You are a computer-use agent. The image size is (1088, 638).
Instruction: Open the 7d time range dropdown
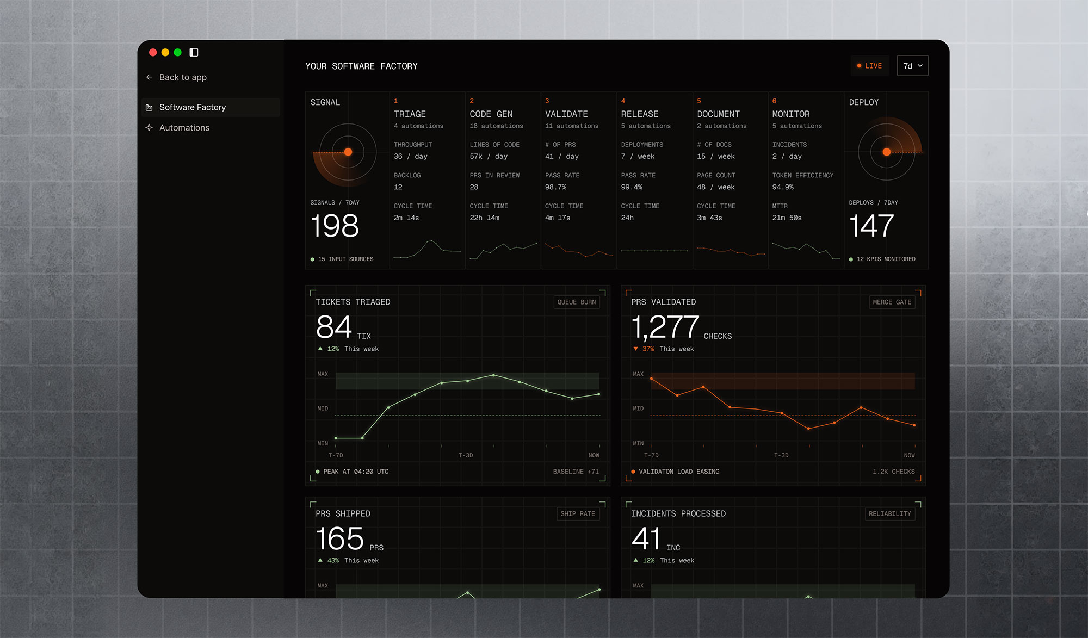coord(912,66)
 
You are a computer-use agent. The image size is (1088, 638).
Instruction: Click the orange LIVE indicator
coord(869,66)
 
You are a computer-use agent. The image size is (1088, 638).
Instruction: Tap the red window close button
coord(153,52)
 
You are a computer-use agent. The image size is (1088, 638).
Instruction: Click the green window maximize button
coord(177,52)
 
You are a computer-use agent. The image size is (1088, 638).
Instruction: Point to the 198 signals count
coord(335,226)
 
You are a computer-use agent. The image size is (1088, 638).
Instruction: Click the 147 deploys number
coord(871,226)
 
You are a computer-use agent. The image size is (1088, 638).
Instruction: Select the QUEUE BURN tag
coord(577,302)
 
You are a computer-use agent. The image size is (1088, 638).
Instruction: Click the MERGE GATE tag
coord(892,302)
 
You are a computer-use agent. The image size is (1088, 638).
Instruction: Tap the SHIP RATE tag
coord(578,514)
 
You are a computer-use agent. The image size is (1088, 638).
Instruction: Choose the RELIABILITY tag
coord(890,514)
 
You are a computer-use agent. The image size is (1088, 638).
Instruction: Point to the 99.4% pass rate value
coord(632,187)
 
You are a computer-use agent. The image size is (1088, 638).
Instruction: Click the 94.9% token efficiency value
coord(783,187)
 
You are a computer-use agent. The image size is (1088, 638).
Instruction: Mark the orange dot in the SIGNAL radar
coord(348,152)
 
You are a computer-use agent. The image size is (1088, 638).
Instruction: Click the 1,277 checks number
coord(665,327)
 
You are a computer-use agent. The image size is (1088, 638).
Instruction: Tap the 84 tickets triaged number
coord(334,327)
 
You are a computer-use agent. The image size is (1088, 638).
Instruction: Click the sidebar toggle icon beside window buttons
coord(194,52)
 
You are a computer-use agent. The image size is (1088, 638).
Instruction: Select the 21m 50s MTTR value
coord(787,218)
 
